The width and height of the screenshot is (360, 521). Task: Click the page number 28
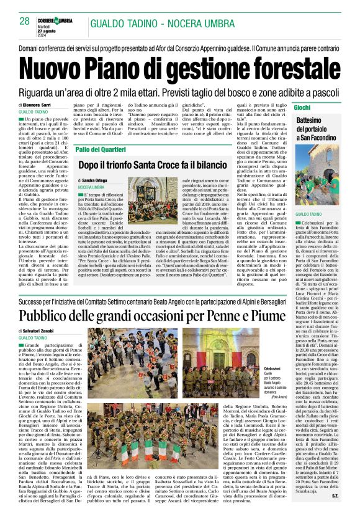coord(25,21)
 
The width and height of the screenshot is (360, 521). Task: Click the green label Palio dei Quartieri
coord(102,149)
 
